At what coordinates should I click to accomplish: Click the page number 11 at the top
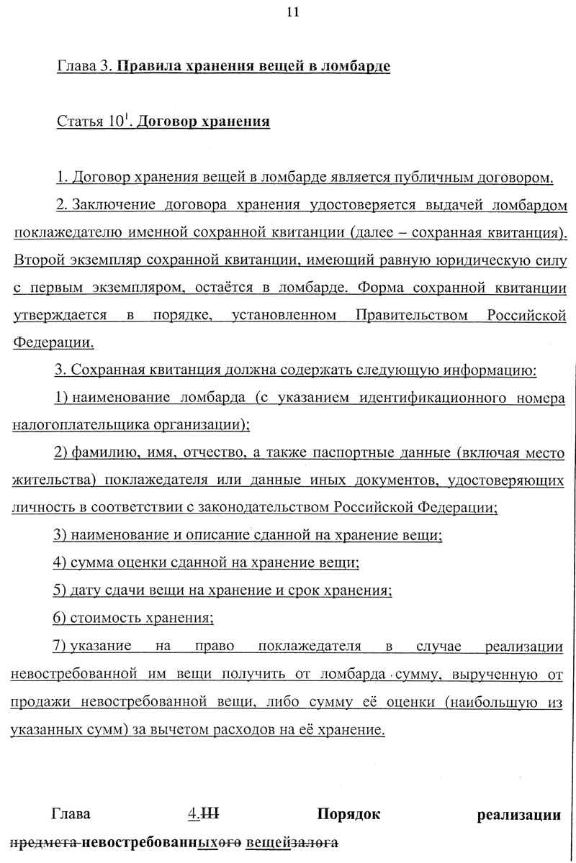[292, 12]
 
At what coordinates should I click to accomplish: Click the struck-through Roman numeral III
[211, 814]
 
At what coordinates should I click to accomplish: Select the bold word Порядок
[348, 814]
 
